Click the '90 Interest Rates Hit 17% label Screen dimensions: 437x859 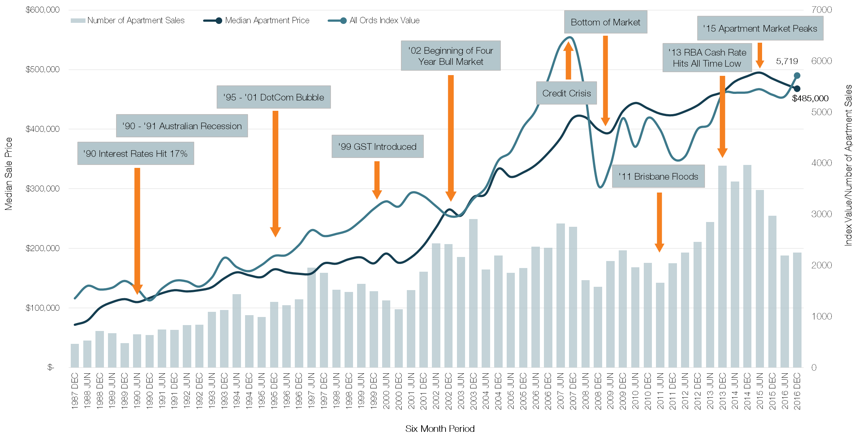point(136,154)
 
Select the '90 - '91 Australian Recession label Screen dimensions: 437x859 point(182,126)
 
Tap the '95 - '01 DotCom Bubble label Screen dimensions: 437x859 point(273,97)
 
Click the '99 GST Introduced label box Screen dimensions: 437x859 point(377,147)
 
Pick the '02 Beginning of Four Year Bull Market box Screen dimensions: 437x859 point(450,56)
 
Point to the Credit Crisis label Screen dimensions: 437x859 point(566,93)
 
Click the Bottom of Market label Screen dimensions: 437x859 point(605,22)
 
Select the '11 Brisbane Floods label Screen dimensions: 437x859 point(658,176)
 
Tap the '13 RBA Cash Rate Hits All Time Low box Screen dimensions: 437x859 point(707,58)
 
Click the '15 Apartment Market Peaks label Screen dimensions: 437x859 point(760,28)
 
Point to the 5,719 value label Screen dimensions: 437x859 point(787,61)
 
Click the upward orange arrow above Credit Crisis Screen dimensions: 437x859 point(568,61)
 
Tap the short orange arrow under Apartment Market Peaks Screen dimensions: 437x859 point(760,55)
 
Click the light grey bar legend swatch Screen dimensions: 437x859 point(78,21)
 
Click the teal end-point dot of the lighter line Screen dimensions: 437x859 point(797,75)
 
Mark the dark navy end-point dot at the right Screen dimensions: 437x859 point(797,89)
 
